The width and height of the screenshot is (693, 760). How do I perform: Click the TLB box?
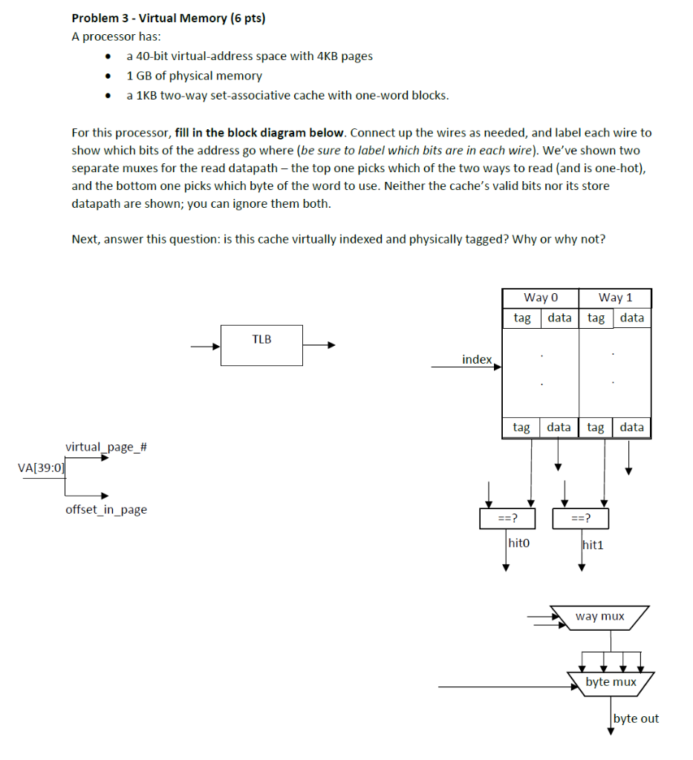coord(261,345)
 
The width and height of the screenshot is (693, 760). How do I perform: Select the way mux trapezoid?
coord(599,617)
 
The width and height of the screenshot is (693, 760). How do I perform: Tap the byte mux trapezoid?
coord(611,682)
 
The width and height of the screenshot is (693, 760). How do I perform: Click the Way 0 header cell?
coord(540,298)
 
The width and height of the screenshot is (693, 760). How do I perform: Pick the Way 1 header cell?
coord(615,298)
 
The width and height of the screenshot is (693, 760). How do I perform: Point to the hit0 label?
coord(518,543)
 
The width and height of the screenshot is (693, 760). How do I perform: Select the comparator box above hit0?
coord(508,518)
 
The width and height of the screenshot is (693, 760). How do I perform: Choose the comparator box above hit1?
coord(581,518)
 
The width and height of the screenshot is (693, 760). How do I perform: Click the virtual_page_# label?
coord(106,447)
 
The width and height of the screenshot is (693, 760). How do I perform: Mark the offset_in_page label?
coord(106,509)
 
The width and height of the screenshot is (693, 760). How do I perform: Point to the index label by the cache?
coord(476,359)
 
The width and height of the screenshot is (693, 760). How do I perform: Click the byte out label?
coord(636,718)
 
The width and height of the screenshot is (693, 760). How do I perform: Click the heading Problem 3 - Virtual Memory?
coord(168,19)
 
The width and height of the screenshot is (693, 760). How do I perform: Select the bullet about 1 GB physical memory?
coord(195,76)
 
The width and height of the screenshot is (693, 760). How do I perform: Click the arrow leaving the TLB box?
coord(320,344)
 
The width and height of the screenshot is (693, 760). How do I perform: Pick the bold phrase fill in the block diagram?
coord(260,133)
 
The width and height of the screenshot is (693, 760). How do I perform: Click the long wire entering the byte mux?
coord(505,687)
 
